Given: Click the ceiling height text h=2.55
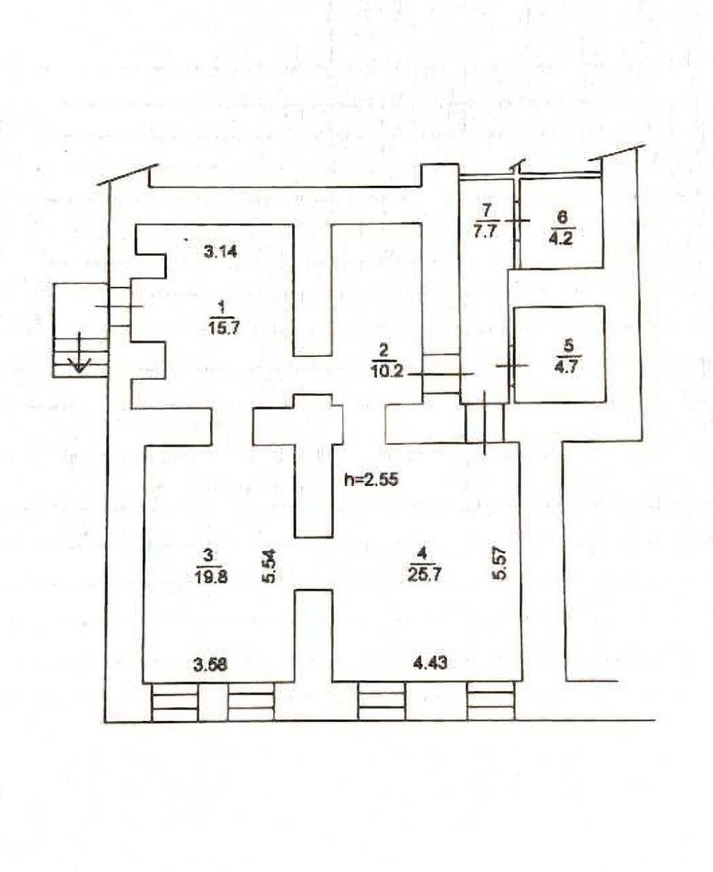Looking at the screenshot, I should pos(373,480).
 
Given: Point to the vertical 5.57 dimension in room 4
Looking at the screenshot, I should pos(499,563).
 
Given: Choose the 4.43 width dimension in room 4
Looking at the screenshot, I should pos(431,663).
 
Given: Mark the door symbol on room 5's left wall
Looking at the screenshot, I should pos(511,365).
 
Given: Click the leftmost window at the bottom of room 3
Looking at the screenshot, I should pos(174,701).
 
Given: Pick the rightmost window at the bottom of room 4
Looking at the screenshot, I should pos(490,701).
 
